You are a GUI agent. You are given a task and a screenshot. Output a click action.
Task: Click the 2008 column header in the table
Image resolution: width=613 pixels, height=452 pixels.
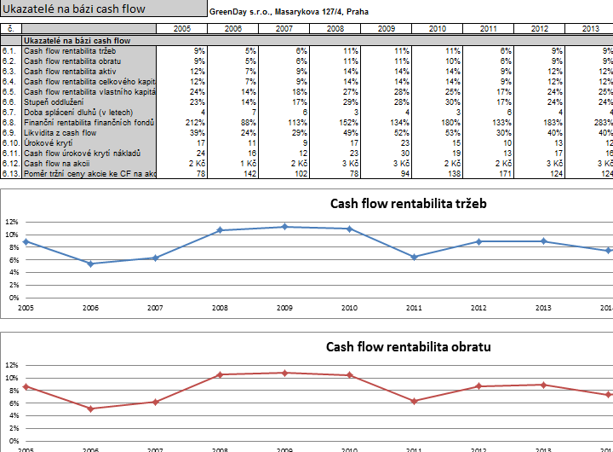335,29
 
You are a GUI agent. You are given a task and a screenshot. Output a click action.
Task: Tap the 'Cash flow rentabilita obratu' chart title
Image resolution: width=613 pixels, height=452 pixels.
408,346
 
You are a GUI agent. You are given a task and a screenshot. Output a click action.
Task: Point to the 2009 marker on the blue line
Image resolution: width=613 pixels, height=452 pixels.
284,227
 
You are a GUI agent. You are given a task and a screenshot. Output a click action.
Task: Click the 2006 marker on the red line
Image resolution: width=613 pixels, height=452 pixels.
90,409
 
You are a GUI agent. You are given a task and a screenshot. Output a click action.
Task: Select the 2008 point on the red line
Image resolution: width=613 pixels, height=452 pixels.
220,374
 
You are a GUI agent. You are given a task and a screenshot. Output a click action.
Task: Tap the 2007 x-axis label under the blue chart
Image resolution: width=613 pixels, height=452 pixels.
155,307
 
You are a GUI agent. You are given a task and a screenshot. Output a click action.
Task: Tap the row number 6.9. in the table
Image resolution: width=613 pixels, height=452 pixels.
9,133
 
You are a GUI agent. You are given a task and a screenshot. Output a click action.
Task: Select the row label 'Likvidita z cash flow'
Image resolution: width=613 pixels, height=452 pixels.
60,133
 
